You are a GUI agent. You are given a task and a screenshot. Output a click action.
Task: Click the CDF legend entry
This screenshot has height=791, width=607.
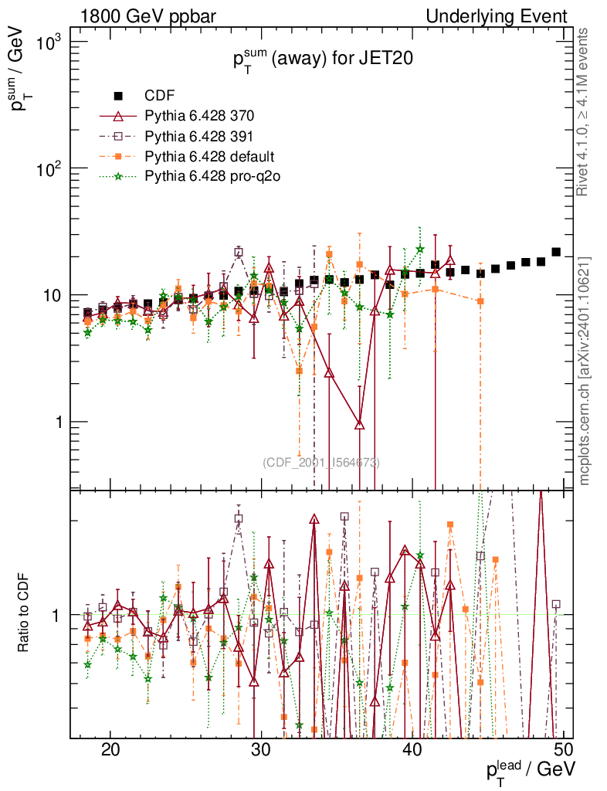[160, 96]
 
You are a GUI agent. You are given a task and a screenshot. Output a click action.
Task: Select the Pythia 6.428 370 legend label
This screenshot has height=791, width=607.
[199, 116]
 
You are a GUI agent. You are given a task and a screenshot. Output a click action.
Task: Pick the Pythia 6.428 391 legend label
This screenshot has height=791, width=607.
[199, 136]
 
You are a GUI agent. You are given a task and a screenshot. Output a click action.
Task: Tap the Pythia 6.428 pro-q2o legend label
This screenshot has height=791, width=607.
[212, 176]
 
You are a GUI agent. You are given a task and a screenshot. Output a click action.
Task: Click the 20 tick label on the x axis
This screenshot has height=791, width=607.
[110, 751]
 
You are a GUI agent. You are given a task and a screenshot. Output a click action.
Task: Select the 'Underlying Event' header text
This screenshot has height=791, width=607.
[497, 16]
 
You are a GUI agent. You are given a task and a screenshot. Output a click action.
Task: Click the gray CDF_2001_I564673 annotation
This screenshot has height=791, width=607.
[321, 463]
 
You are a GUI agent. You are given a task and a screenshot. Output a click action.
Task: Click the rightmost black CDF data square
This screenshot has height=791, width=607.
[556, 252]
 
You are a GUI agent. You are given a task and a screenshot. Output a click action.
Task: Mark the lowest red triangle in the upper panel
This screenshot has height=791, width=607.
[360, 424]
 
